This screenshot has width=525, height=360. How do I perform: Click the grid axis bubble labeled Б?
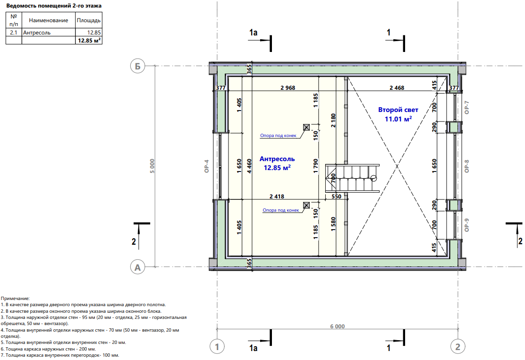pyautogui.click(x=137, y=66)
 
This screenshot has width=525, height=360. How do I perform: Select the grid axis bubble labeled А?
pyautogui.click(x=137, y=267)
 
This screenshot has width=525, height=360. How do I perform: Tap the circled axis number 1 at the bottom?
pyautogui.click(x=217, y=347)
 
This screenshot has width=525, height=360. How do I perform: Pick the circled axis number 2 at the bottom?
pyautogui.click(x=457, y=347)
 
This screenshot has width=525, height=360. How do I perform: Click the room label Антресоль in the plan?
pyautogui.click(x=277, y=159)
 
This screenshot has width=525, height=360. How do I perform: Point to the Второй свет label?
pyautogui.click(x=398, y=110)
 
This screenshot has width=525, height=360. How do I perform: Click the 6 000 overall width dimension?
pyautogui.click(x=338, y=326)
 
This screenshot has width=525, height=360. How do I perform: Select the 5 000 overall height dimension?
pyautogui.click(x=152, y=166)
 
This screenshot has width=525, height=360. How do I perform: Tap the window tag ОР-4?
pyautogui.click(x=207, y=166)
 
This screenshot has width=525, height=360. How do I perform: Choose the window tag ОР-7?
pyautogui.click(x=467, y=107)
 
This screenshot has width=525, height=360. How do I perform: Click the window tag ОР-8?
pyautogui.click(x=467, y=166)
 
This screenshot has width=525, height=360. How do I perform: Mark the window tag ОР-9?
pyautogui.click(x=467, y=225)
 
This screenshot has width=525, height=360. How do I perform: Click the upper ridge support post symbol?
pyautogui.click(x=306, y=127)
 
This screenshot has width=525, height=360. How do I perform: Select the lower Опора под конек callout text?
pyautogui.click(x=280, y=210)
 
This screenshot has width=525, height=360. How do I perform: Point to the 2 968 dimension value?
pyautogui.click(x=288, y=88)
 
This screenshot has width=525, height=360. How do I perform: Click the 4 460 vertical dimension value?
pyautogui.click(x=249, y=166)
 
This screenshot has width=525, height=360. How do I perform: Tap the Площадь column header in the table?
pyautogui.click(x=89, y=20)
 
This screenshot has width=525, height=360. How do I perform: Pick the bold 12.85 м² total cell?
pyautogui.click(x=89, y=41)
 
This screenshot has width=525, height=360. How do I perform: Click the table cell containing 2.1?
pyautogui.click(x=14, y=33)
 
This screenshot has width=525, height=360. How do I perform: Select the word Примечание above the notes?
pyautogui.click(x=15, y=298)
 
